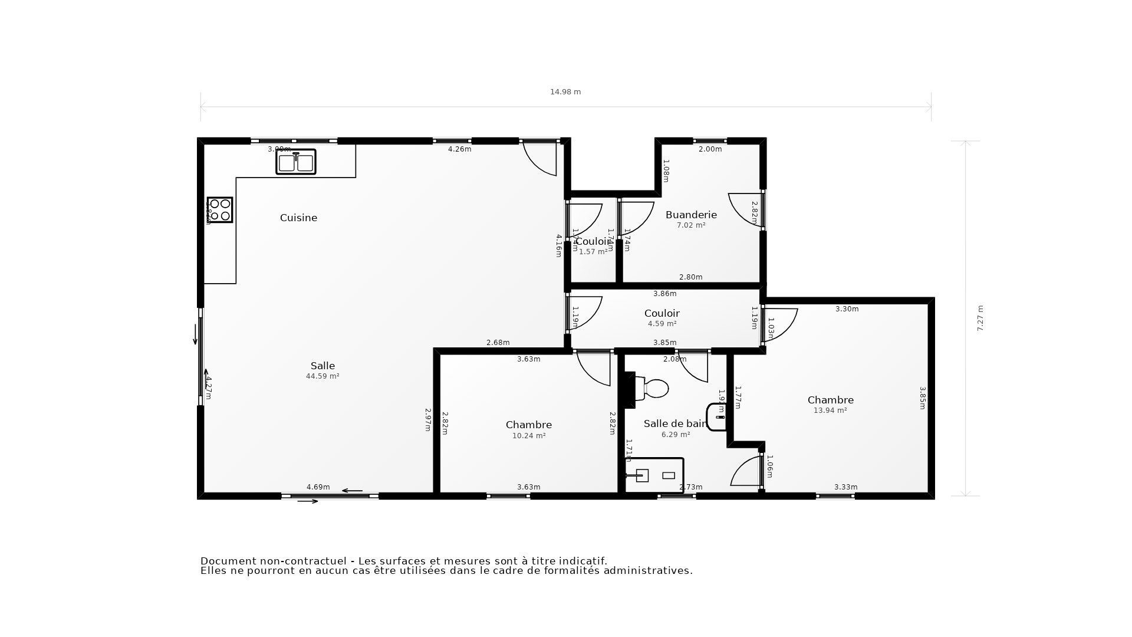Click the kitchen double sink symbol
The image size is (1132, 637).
click(x=296, y=162)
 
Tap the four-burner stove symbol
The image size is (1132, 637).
click(x=220, y=210)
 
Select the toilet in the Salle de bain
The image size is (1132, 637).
click(x=653, y=389)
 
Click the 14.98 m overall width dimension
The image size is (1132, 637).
click(x=565, y=92)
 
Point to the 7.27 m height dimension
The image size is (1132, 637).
click(x=980, y=318)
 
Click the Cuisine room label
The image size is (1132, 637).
click(x=298, y=218)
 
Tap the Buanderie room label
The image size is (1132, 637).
click(x=691, y=215)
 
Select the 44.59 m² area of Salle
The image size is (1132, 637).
click(x=323, y=376)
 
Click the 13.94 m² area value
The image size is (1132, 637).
click(x=830, y=411)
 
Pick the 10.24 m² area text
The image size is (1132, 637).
click(x=529, y=436)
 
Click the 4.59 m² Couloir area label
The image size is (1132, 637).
click(x=662, y=324)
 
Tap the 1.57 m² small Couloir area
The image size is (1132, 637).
click(x=593, y=252)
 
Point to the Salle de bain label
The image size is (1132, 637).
click(x=675, y=423)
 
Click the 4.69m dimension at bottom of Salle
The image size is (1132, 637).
click(x=318, y=487)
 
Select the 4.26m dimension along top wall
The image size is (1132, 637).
click(x=459, y=149)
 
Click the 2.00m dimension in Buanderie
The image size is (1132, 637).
click(x=710, y=149)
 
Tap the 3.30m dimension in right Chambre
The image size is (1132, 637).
click(x=847, y=309)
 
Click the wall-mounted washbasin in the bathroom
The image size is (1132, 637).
click(x=717, y=417)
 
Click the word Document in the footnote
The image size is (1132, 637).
click(x=228, y=561)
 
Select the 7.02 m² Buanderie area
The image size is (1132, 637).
click(x=691, y=225)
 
